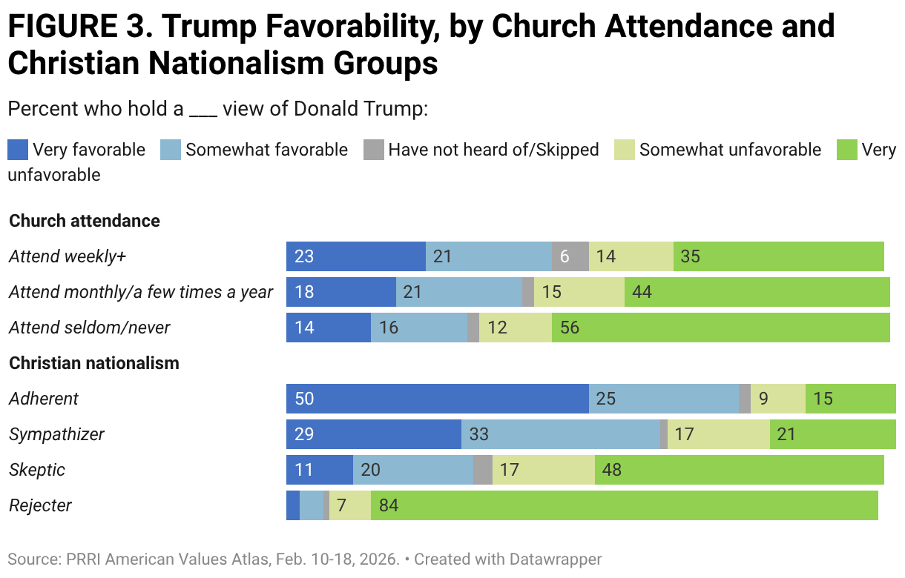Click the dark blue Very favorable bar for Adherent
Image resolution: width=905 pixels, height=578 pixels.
[438, 399]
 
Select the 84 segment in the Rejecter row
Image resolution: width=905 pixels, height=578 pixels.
[624, 505]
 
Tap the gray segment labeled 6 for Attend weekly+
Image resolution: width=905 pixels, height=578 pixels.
[570, 256]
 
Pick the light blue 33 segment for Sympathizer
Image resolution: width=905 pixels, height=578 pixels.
[561, 434]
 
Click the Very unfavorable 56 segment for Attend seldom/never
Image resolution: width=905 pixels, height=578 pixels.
[720, 328]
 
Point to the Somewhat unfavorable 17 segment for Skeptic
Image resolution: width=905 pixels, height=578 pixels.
[544, 470]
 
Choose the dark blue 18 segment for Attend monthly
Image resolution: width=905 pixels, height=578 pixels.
[341, 292]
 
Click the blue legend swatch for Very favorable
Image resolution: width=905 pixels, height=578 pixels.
[18, 150]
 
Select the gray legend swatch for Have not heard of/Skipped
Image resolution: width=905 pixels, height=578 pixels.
[373, 150]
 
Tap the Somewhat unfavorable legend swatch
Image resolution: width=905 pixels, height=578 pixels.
[624, 150]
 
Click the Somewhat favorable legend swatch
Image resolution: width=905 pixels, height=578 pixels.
[171, 150]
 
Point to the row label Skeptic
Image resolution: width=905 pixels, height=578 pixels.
[37, 470]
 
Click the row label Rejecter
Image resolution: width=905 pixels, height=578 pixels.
[40, 505]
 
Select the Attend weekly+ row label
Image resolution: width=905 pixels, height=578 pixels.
[68, 256]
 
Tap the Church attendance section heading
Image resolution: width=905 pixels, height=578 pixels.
[85, 221]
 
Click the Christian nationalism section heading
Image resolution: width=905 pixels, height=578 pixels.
[94, 363]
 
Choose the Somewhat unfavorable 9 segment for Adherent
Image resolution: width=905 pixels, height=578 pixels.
[778, 399]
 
